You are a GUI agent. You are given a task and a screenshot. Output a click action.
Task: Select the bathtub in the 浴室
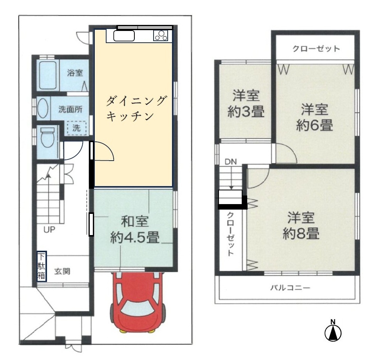[x=48, y=75]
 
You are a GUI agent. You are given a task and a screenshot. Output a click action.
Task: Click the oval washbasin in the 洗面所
[x=43, y=108]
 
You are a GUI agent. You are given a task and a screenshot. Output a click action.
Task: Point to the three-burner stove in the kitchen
[x=161, y=35]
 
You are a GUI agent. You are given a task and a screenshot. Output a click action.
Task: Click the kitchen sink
[x=124, y=36]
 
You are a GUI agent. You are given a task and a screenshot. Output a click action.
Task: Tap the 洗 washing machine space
[x=76, y=128]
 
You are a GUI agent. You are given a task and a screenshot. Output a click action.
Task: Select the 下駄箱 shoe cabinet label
[x=42, y=266]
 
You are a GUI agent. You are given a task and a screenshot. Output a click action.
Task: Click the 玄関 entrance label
[x=62, y=271]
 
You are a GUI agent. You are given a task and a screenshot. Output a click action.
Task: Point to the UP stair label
[x=49, y=230]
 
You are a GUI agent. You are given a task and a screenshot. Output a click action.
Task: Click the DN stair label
[x=231, y=161]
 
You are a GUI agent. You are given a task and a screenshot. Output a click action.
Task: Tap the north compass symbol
[x=333, y=331]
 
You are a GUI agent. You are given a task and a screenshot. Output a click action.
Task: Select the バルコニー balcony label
[x=290, y=288]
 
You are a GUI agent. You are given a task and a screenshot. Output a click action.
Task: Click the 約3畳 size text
[x=246, y=112]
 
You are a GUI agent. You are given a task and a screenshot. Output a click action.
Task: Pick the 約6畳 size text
[x=315, y=125]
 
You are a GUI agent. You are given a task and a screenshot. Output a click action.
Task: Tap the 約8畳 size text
[x=301, y=233]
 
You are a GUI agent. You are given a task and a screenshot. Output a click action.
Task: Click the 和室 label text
[x=135, y=221]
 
